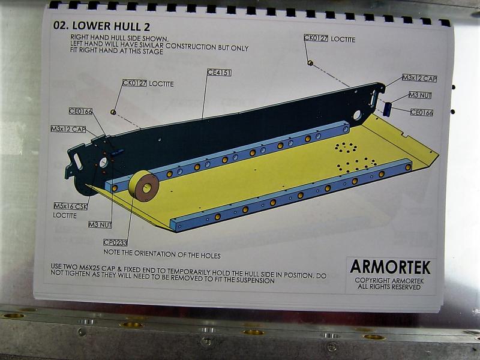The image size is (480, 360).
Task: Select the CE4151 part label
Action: tap(220, 73)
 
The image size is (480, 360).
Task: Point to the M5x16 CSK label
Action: tap(70, 206)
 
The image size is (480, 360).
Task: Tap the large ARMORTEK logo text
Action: tap(390, 267)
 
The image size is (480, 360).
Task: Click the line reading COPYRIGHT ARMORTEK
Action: tap(389, 280)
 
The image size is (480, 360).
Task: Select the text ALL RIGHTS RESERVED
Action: tap(389, 287)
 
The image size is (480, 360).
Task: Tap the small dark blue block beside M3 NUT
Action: tap(388, 109)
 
